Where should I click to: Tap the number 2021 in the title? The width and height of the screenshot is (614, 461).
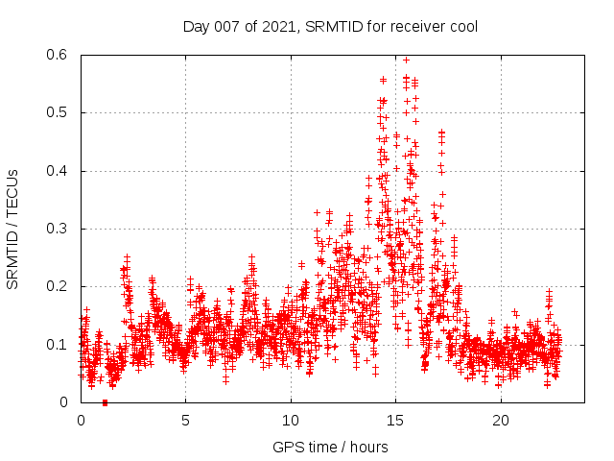(275, 26)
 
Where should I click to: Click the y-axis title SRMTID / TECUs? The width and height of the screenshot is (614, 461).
(13, 229)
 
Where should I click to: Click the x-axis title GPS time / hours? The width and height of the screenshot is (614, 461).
(330, 447)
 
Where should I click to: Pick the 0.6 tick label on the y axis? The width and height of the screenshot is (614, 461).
(59, 55)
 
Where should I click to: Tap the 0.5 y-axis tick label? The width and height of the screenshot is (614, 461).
(59, 112)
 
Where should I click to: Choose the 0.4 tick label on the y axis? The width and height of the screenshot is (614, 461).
(59, 171)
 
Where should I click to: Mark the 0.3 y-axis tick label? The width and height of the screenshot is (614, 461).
(59, 229)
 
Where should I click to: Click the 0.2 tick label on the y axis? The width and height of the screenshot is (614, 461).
(59, 286)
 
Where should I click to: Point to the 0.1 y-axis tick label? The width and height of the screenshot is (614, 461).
(59, 344)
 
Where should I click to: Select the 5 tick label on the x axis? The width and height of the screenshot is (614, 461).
(186, 421)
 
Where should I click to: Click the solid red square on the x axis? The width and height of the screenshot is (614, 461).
(105, 402)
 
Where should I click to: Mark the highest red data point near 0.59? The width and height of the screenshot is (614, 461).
(406, 60)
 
